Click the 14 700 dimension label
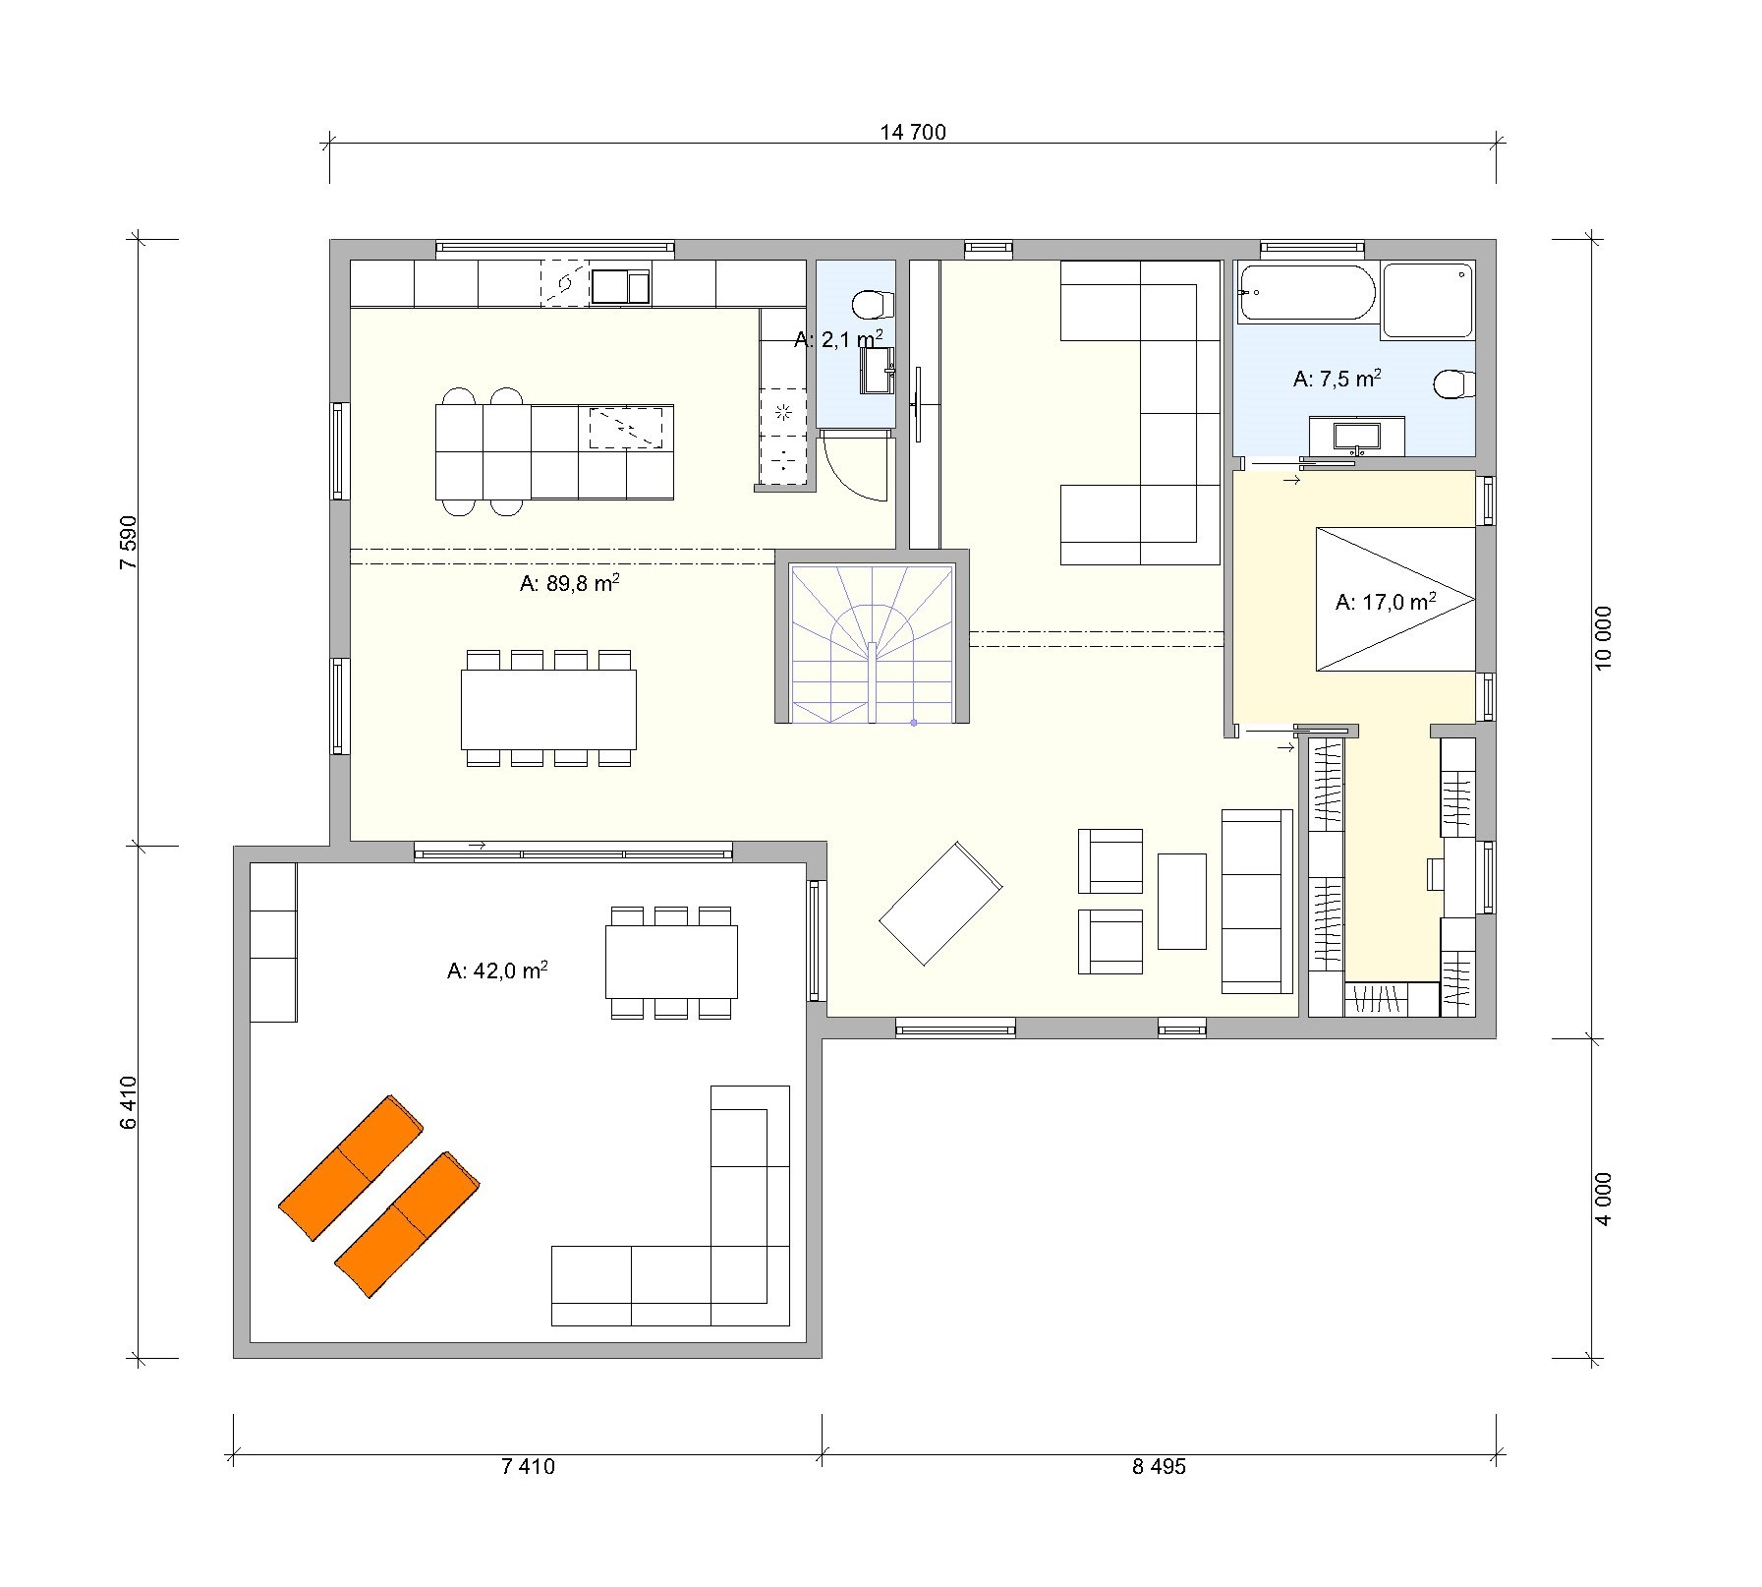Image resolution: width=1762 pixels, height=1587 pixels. click(913, 132)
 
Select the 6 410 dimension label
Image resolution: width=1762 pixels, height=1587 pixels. click(127, 1101)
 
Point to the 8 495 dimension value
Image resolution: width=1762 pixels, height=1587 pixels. click(1159, 1466)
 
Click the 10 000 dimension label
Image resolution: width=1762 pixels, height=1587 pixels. click(1603, 637)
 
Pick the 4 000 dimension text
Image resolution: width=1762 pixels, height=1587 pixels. click(1603, 1199)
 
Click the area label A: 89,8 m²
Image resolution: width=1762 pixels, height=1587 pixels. click(569, 583)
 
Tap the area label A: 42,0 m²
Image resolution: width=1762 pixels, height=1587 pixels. click(497, 970)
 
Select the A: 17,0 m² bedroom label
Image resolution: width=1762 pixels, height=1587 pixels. click(1386, 602)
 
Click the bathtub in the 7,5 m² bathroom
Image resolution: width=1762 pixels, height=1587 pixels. click(1306, 292)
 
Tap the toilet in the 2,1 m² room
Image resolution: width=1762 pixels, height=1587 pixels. click(873, 305)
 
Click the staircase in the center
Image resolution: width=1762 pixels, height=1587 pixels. click(873, 643)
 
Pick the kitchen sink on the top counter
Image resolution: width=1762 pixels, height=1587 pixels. click(619, 286)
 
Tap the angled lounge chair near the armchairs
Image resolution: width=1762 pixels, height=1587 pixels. click(940, 903)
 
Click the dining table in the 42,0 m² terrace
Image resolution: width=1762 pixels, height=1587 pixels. click(671, 962)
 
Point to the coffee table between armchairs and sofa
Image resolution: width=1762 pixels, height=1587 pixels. click(1182, 901)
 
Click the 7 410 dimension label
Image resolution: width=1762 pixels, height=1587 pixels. click(528, 1466)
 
